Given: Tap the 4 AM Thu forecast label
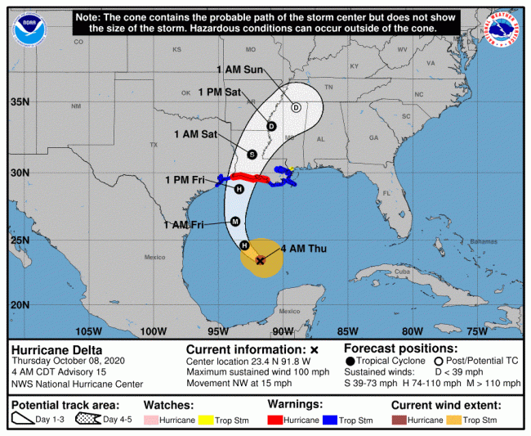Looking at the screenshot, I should click(x=303, y=249).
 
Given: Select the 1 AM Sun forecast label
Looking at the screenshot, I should click(x=239, y=70).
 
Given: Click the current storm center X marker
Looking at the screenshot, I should click(x=260, y=261).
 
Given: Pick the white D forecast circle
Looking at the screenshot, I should click(x=296, y=107).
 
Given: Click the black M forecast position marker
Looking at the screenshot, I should click(x=234, y=221).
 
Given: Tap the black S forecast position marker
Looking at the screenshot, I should click(x=252, y=154).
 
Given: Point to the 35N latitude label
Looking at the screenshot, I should click(x=20, y=102).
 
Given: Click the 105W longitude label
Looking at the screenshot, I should click(x=88, y=330).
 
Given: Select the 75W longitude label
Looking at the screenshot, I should click(x=477, y=330).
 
